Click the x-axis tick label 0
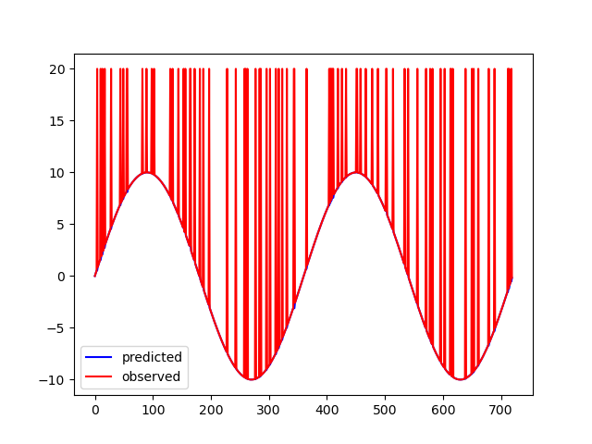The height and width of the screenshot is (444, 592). click(x=95, y=410)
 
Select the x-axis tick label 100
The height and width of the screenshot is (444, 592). click(x=153, y=410)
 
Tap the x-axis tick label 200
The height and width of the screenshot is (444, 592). click(x=211, y=410)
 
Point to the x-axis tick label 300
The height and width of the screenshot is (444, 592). click(x=269, y=410)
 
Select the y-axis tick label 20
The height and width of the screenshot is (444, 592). click(x=58, y=69)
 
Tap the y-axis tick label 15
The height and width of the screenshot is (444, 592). click(x=58, y=121)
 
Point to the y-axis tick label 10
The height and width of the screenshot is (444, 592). click(x=58, y=173)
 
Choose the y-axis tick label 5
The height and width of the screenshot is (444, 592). click(x=62, y=225)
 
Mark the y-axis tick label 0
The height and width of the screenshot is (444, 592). click(x=62, y=277)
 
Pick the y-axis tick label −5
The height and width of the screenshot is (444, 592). click(x=58, y=328)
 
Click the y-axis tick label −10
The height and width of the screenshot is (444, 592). click(x=55, y=380)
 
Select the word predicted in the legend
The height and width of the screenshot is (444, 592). click(x=152, y=357)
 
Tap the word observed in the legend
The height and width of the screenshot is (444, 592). click(x=151, y=376)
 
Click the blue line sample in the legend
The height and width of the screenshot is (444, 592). click(x=100, y=357)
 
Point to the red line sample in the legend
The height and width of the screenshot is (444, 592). click(x=100, y=376)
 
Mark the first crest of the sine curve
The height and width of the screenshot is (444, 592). click(x=147, y=173)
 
